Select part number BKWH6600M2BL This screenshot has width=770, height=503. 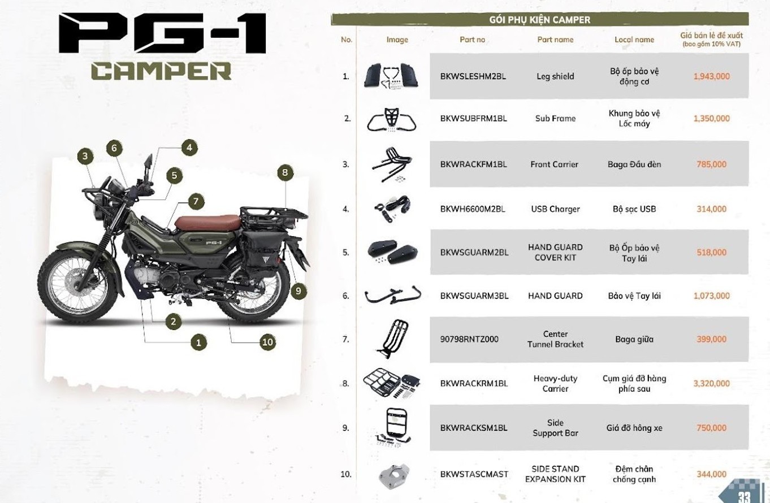pos(472,209)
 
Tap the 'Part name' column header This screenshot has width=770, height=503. pos(555,40)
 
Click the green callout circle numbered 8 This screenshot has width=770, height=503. pos(285,172)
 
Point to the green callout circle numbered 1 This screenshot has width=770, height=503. pos(198,341)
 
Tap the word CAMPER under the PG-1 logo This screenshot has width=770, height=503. pos(161,71)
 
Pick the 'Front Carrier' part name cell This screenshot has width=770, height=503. pos(554,164)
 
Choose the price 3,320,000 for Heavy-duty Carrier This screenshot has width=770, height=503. pos(711,383)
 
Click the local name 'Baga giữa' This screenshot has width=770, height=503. pos(634,340)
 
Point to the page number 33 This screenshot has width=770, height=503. pos(743,496)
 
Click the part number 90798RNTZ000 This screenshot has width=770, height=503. pos(469,340)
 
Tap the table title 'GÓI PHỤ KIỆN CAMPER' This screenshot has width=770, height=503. pos(539,20)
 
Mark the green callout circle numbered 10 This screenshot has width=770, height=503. pos(267,341)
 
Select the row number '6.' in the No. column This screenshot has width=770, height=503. pos(346,296)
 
